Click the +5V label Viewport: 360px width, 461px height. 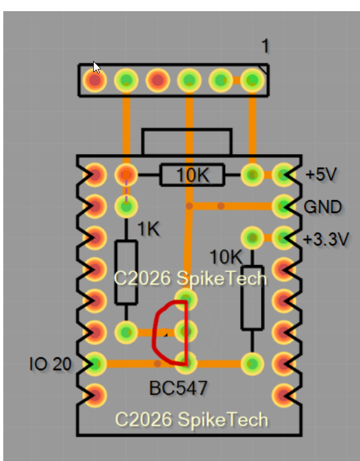pyautogui.click(x=321, y=174)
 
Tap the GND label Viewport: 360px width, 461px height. pyautogui.click(x=323, y=207)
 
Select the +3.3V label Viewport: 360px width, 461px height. pyautogui.click(x=326, y=239)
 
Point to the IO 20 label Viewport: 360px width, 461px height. pyautogui.click(x=50, y=364)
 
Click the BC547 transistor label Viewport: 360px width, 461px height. pyautogui.click(x=178, y=388)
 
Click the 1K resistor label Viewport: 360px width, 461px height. pyautogui.click(x=148, y=229)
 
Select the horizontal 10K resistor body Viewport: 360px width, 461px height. pyautogui.click(x=193, y=175)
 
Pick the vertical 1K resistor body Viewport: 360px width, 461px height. pyautogui.click(x=126, y=272)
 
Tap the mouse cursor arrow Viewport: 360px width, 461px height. pyautogui.click(x=96, y=68)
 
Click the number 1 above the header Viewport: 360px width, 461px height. pyautogui.click(x=265, y=46)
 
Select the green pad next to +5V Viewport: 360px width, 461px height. pyautogui.click(x=283, y=175)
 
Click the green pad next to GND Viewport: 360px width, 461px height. pyautogui.click(x=283, y=207)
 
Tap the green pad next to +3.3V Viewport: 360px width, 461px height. pyautogui.click(x=283, y=238)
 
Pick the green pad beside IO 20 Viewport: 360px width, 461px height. pyautogui.click(x=94, y=364)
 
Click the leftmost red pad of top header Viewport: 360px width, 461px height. pyautogui.click(x=94, y=80)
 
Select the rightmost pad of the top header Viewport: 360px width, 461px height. pyautogui.click(x=252, y=80)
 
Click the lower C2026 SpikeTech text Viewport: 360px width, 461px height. pyautogui.click(x=191, y=420)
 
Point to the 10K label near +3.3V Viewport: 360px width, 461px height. pyautogui.click(x=226, y=257)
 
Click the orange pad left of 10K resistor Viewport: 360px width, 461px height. pyautogui.click(x=126, y=175)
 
